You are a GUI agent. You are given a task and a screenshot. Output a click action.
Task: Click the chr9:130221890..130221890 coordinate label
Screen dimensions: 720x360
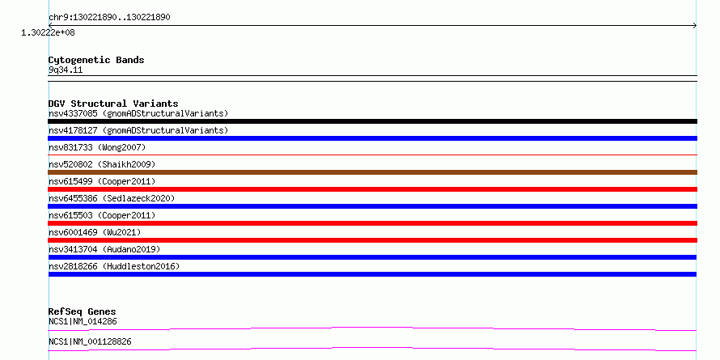coord(109,18)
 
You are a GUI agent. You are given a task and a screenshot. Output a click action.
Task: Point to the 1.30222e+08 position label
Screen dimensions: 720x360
coord(48,32)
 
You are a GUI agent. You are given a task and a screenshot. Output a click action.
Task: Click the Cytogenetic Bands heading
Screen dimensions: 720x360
coord(96,60)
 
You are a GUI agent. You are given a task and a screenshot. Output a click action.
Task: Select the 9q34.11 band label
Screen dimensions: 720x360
coord(66,70)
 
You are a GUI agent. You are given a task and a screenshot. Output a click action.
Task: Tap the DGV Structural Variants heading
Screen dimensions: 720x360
coord(113,104)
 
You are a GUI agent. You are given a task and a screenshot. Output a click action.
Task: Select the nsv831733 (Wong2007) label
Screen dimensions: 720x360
coord(97,147)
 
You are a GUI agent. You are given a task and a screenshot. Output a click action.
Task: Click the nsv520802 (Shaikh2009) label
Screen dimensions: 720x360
coord(102,164)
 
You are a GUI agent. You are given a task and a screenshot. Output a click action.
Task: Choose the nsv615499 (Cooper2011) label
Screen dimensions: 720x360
coord(102,181)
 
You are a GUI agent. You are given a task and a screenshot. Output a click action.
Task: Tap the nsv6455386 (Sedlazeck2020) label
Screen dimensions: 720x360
coord(112,198)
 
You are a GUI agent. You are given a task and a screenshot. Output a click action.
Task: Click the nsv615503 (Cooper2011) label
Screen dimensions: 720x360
coord(102,215)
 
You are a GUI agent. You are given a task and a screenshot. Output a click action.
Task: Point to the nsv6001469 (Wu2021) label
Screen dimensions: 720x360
coord(95,232)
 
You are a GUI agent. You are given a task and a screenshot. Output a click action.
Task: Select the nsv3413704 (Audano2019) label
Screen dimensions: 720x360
coord(104,249)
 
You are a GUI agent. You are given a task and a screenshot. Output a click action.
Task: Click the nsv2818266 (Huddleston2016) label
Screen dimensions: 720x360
coord(114,266)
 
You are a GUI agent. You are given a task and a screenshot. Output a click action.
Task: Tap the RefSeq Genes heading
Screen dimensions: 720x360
coord(82,311)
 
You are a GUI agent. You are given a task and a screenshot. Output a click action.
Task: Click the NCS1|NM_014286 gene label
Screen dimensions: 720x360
coord(83,322)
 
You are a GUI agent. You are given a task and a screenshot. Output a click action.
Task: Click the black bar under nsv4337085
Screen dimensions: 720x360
coord(372,121)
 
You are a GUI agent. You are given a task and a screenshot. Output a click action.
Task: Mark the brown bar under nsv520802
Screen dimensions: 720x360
coord(372,172)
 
